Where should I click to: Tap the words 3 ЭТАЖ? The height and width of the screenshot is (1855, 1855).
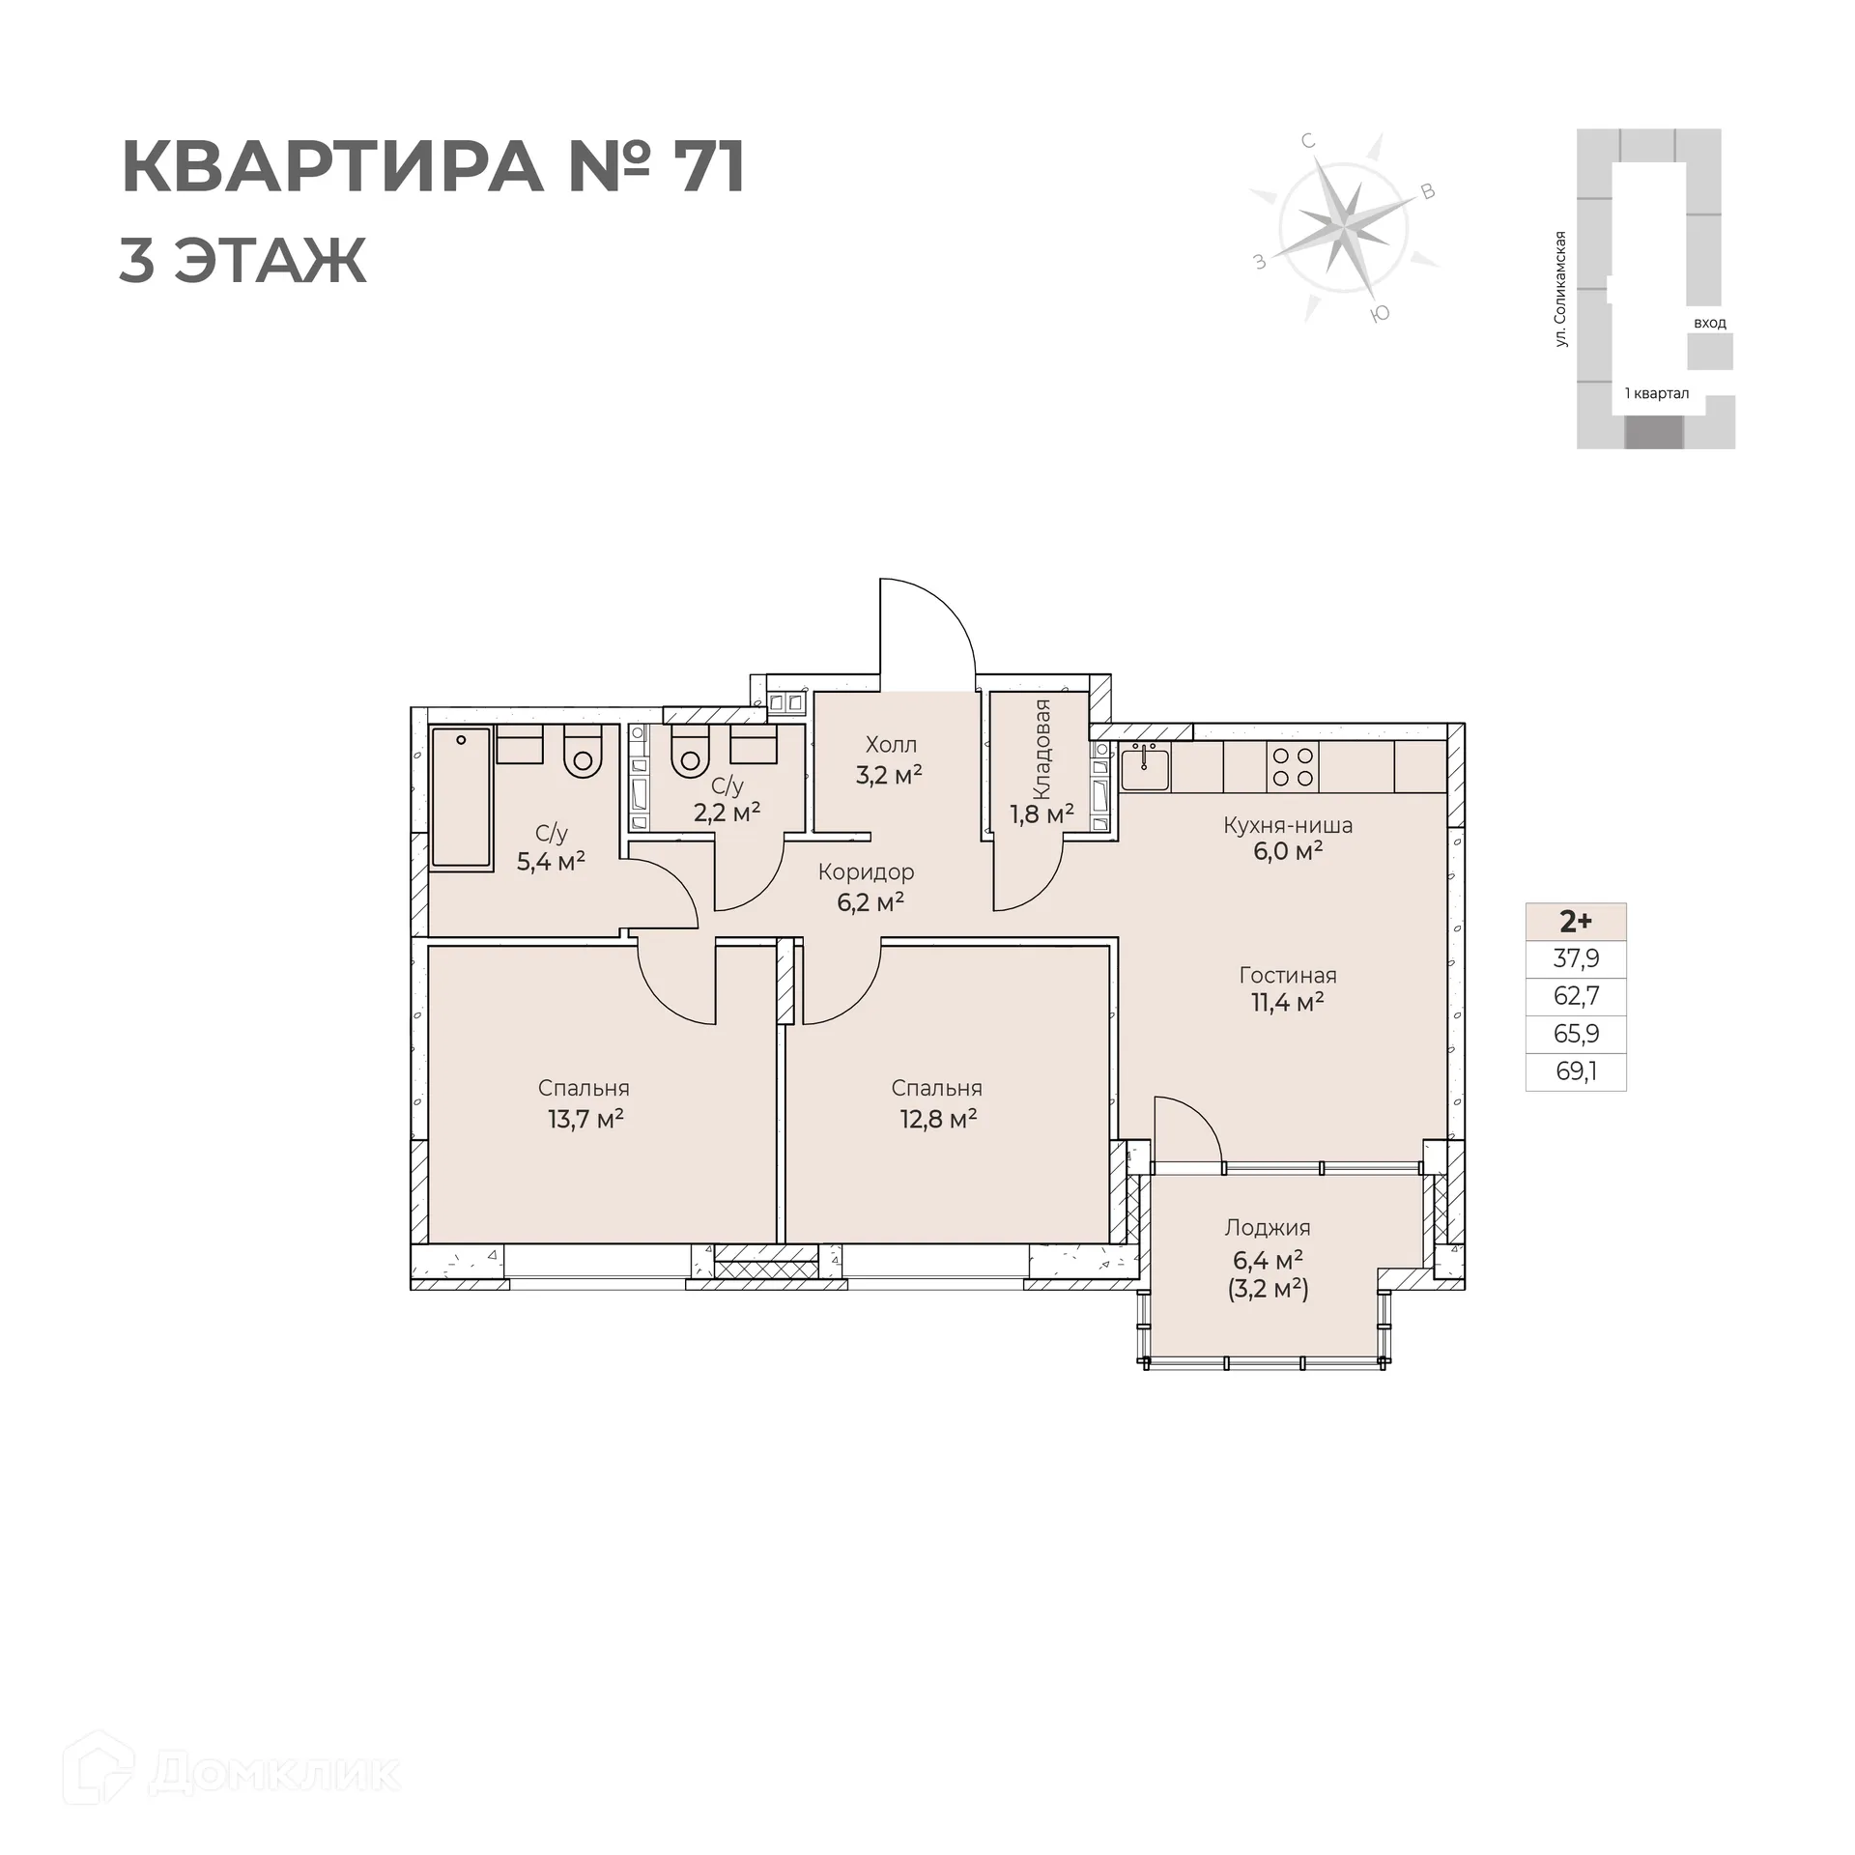tap(243, 260)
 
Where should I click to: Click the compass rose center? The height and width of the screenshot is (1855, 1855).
tap(1342, 228)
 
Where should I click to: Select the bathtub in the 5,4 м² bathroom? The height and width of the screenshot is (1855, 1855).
tap(461, 798)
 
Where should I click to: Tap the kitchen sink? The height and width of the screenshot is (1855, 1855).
tap(1145, 767)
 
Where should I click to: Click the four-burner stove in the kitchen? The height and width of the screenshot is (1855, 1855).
tap(1293, 767)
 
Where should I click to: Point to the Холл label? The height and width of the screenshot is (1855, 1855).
tap(891, 745)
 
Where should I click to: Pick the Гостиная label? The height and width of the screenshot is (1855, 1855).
tap(1288, 975)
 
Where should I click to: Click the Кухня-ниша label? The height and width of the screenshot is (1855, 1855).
tap(1288, 825)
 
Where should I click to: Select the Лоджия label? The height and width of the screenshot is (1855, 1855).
tap(1268, 1228)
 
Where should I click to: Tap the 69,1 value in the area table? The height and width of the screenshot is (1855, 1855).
tap(1577, 1071)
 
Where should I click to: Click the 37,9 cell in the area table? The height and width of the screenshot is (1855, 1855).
tap(1577, 958)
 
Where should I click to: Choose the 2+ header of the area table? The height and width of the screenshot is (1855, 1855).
tap(1577, 922)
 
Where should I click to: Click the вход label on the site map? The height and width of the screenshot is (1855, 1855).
tap(1709, 323)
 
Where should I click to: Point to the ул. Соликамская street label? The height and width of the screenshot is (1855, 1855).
tap(1560, 289)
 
